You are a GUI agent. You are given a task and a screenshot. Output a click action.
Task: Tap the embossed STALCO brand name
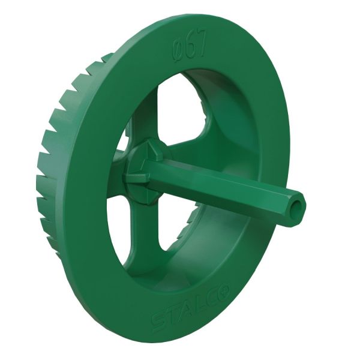191,305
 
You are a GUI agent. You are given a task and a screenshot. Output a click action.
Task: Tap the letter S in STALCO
158,321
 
